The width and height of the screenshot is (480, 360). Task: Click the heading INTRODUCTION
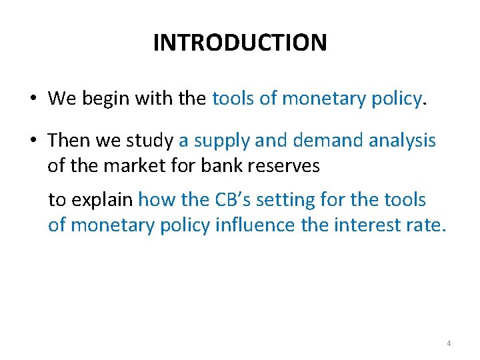[x=240, y=43]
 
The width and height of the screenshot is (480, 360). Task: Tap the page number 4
[x=449, y=343]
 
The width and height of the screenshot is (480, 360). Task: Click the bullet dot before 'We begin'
[x=33, y=100]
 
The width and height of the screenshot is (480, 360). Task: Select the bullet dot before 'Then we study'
[x=33, y=141]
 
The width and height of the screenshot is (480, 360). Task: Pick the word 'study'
[x=153, y=141]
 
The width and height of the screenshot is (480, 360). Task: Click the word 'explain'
[x=100, y=200]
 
